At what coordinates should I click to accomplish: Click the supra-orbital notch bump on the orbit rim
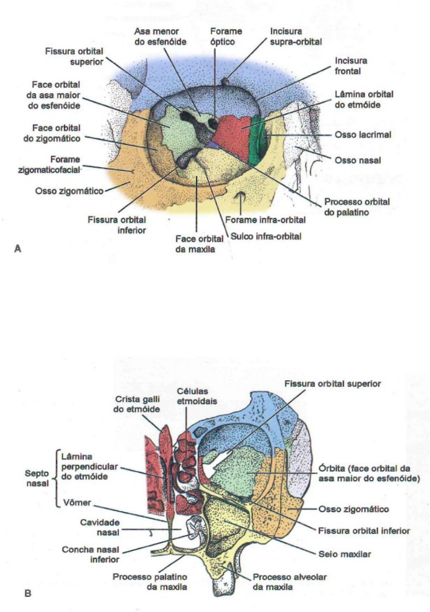226,79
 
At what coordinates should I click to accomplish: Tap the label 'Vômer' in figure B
73,502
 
